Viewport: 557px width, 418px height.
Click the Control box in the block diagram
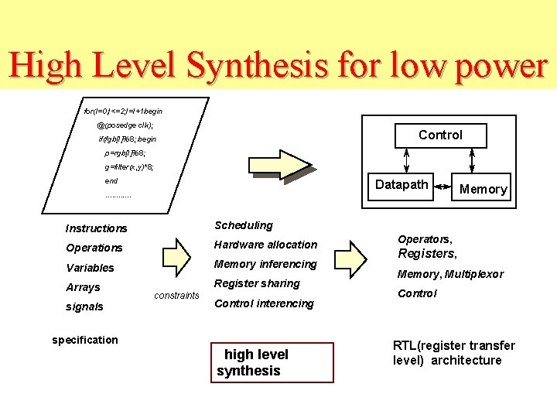[440, 135]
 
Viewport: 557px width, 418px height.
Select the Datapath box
[402, 185]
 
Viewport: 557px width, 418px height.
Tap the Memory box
[484, 189]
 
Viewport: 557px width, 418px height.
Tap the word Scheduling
[243, 225]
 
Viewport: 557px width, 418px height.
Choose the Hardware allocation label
[265, 245]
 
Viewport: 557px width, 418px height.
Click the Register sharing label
[256, 283]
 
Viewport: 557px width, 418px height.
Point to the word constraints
[176, 296]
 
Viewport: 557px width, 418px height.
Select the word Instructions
[96, 228]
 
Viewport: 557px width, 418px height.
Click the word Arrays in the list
[83, 287]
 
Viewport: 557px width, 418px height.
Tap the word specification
[84, 340]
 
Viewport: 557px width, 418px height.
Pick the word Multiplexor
[474, 274]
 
